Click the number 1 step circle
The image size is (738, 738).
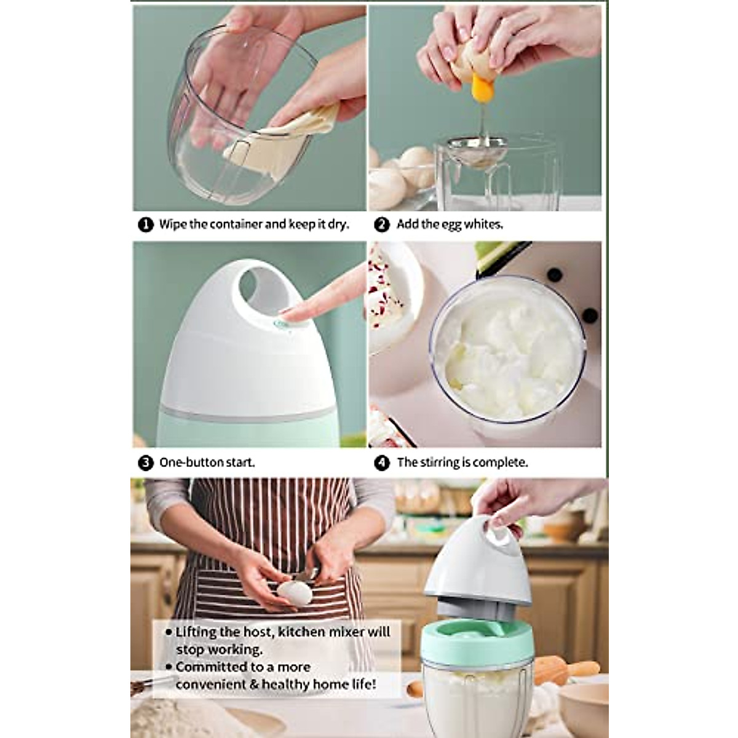coord(145,224)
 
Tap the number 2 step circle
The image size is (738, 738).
coord(382,224)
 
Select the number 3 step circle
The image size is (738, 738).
coord(145,462)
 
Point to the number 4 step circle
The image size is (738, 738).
coord(382,462)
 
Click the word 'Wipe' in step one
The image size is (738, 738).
coord(173,224)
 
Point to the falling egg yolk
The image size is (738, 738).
coord(483,90)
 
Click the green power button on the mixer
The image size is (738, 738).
coord(282,323)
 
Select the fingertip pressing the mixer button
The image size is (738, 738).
coord(295,314)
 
